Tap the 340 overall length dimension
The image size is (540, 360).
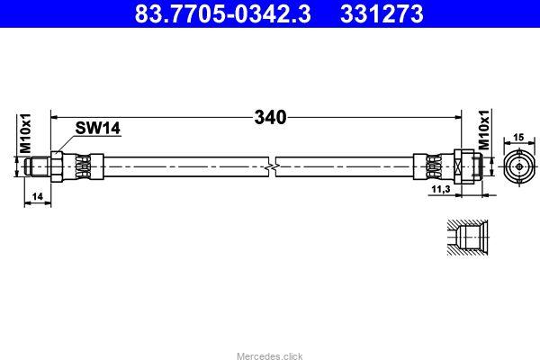tap(270, 118)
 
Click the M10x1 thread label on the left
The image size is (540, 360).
tap(26, 135)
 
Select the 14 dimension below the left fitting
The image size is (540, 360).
tap(36, 196)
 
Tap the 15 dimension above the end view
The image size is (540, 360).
tap(517, 138)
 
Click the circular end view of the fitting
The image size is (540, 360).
tap(517, 167)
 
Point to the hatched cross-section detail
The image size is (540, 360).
tap(466, 238)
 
